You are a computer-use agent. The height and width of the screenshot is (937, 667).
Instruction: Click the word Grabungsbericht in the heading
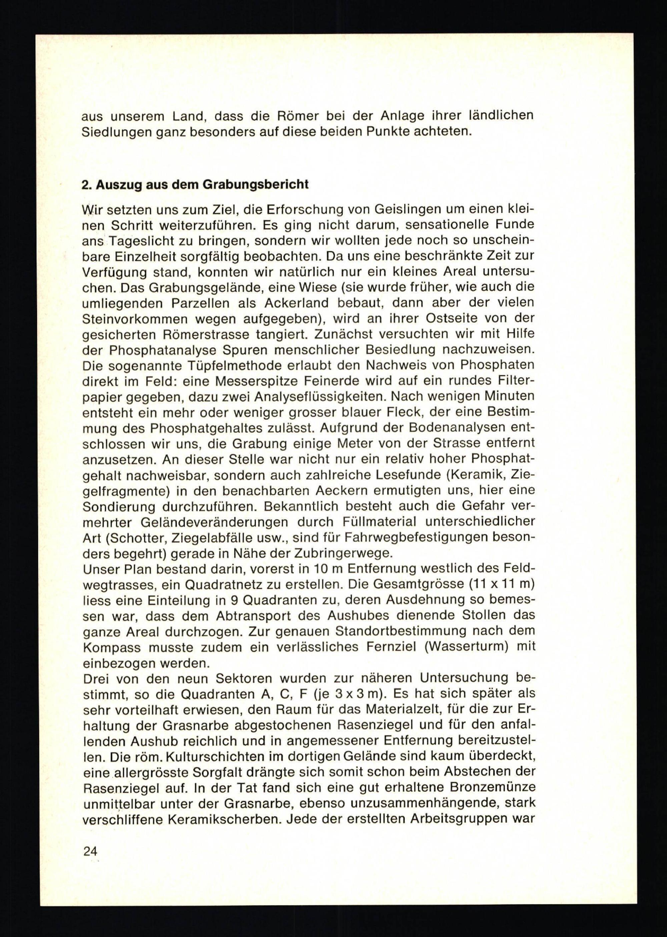(255, 184)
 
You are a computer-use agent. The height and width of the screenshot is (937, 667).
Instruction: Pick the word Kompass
(111, 647)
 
